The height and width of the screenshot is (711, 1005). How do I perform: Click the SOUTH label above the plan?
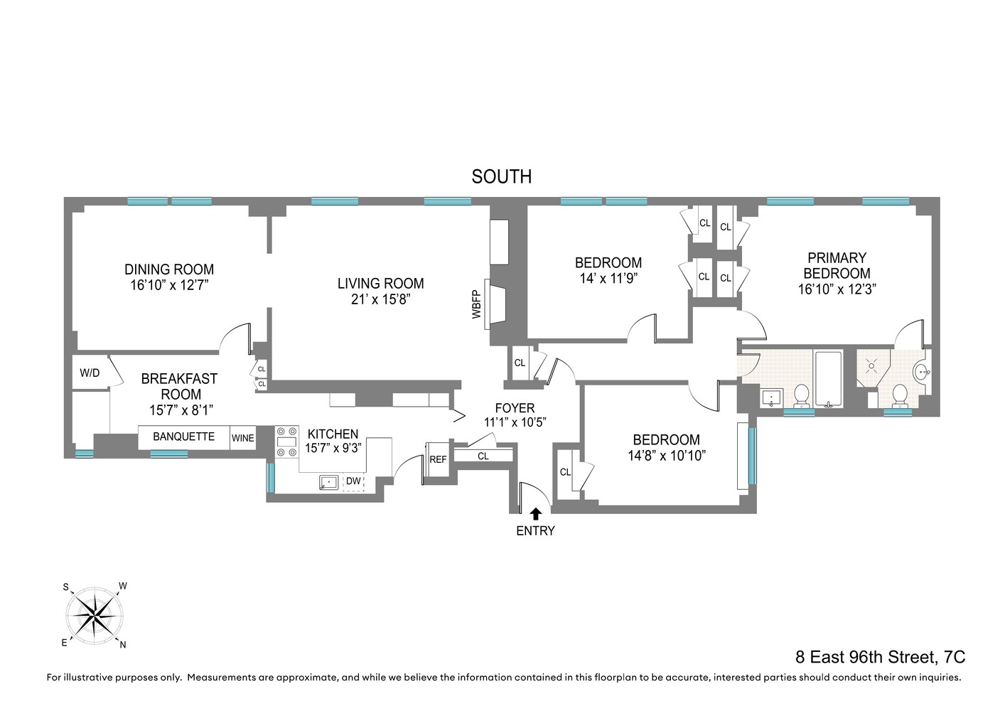(x=501, y=176)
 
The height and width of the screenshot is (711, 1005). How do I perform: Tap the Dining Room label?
(x=169, y=269)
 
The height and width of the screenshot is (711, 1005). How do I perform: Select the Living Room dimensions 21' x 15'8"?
(x=380, y=299)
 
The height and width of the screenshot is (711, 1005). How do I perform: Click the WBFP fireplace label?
(x=477, y=304)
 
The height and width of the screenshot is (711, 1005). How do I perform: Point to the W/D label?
(x=90, y=373)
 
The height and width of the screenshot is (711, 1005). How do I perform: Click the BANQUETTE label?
(x=183, y=437)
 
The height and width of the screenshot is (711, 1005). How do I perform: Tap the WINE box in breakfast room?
(x=242, y=438)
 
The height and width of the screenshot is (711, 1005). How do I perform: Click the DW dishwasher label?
(x=353, y=481)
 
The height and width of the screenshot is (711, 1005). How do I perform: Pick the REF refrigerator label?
(x=438, y=459)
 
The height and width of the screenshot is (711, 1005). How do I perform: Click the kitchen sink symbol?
(x=329, y=482)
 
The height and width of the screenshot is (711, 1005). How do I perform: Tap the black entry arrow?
(x=535, y=513)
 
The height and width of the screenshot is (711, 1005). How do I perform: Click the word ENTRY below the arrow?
(x=535, y=530)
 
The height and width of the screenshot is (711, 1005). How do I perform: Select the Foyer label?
(x=515, y=408)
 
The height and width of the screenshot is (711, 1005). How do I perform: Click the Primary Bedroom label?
(x=837, y=265)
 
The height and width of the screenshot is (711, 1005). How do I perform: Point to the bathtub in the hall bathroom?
(x=828, y=379)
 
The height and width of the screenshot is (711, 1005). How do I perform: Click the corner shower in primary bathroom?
(x=871, y=367)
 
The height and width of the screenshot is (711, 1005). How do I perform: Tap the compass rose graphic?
(x=95, y=614)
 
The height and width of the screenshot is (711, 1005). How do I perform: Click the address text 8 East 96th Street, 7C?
(x=880, y=657)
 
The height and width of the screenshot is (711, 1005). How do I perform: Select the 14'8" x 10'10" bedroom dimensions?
(x=666, y=456)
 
